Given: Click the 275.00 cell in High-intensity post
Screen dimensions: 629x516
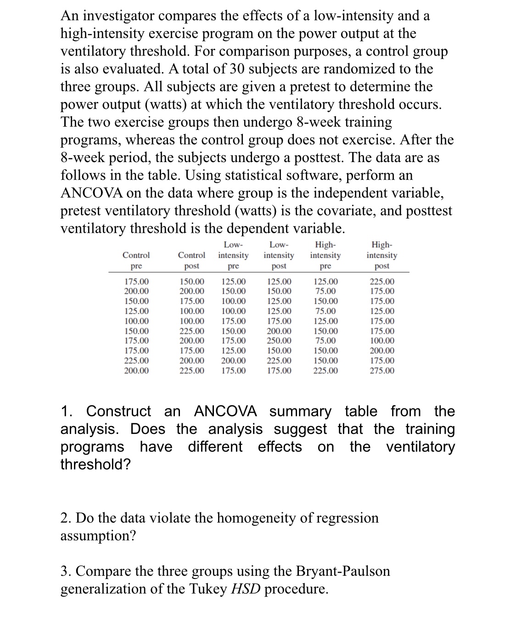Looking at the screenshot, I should coord(381,371).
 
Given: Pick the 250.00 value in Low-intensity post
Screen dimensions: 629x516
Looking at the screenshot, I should coord(279,341).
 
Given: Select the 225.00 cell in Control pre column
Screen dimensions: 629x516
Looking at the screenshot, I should coord(136,361).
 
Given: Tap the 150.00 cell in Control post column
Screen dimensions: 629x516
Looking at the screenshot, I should coord(191,281).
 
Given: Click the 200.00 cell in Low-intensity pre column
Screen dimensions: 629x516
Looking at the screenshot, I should coord(233,361).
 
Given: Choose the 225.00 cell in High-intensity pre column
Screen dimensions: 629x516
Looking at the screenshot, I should coord(325,371).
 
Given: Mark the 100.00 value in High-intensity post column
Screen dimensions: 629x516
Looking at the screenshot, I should coord(381,341).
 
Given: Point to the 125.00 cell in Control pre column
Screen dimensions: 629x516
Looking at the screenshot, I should coord(136,311).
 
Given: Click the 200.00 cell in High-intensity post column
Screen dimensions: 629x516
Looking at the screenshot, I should coord(381,351).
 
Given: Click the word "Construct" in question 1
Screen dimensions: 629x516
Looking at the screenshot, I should coord(118,411).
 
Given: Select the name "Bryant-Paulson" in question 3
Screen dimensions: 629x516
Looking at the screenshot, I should coord(343,571).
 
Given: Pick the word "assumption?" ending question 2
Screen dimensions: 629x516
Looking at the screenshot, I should coord(98,536).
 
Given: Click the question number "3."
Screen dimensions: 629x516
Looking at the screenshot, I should coord(66,571).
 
